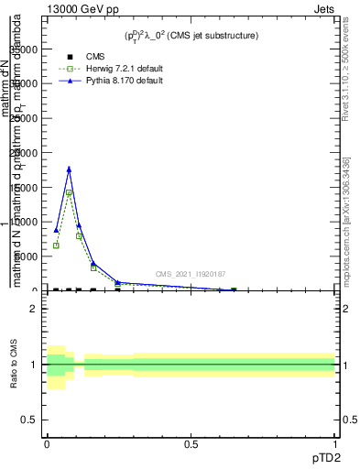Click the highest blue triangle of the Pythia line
click(x=69, y=169)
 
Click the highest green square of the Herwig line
click(x=69, y=193)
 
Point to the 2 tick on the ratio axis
click(x=33, y=309)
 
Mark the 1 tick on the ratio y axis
click(x=33, y=365)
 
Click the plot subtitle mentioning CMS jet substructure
click(x=191, y=36)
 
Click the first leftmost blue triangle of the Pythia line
click(x=56, y=230)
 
